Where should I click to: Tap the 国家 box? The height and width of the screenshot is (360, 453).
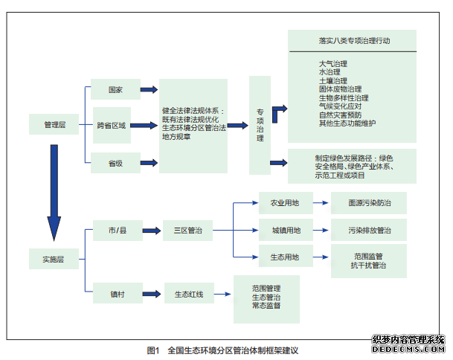click(x=115, y=90)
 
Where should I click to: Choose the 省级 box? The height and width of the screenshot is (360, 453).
click(x=115, y=162)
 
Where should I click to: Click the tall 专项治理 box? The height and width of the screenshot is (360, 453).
click(x=260, y=124)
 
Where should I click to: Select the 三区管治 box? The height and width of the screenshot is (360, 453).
click(x=187, y=232)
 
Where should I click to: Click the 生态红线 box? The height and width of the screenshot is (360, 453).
click(x=187, y=295)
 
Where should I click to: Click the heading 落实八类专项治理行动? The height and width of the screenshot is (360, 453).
click(x=350, y=41)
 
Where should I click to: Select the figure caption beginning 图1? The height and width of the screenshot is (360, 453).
click(x=226, y=349)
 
